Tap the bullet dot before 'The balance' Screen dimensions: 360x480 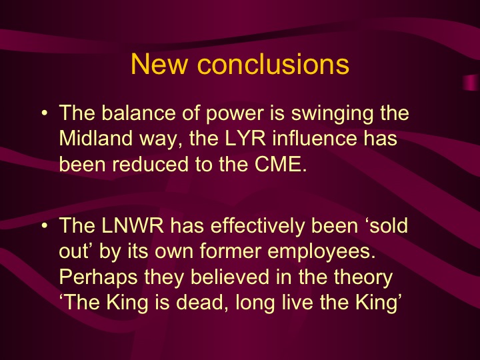tap(43, 115)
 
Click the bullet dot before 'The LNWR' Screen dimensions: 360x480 tap(43, 226)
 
